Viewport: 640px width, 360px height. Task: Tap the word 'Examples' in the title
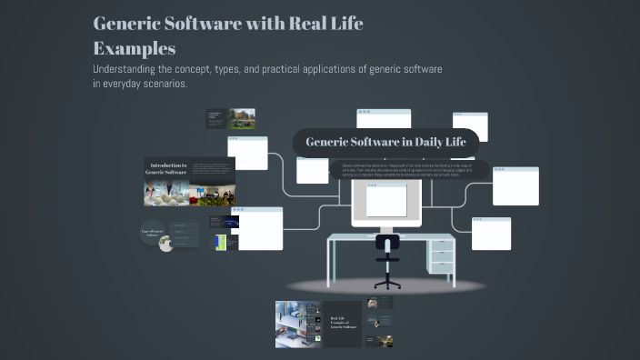(134, 47)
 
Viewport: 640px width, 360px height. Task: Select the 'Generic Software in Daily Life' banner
(385, 142)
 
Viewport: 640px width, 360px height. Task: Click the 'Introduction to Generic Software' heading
(168, 168)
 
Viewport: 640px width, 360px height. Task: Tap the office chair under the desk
(387, 262)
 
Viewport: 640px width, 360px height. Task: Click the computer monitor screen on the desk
(385, 201)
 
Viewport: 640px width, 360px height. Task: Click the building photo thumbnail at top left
(242, 119)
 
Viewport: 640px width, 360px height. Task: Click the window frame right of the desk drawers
(491, 234)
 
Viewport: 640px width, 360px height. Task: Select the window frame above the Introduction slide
(247, 153)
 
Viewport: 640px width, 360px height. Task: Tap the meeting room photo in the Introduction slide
(212, 194)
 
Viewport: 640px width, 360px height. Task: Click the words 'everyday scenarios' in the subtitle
(148, 84)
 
